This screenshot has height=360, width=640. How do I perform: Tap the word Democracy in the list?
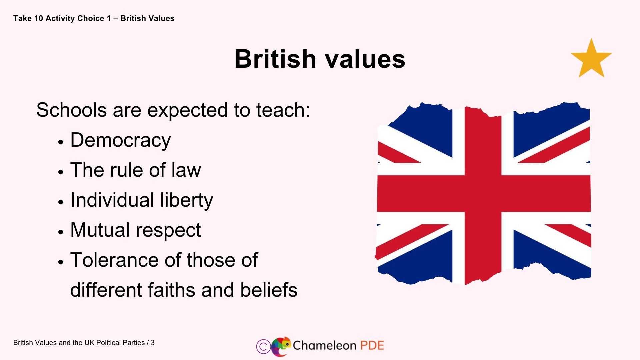click(x=120, y=140)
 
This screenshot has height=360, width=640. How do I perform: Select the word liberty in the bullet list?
click(x=186, y=200)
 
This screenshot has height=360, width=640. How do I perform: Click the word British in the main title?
click(x=275, y=59)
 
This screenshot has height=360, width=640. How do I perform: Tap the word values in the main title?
click(x=365, y=59)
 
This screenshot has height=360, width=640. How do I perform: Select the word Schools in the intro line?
click(x=71, y=110)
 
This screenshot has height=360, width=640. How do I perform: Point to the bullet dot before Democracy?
click(x=60, y=142)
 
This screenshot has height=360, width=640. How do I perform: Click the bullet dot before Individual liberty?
click(x=60, y=202)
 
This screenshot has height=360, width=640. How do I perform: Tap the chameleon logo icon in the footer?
click(x=280, y=346)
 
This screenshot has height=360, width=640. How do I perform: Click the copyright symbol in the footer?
click(x=263, y=346)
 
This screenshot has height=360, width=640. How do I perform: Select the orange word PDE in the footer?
click(x=372, y=345)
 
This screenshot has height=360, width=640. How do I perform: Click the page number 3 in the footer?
click(x=153, y=343)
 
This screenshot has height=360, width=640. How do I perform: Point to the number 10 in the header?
click(x=39, y=18)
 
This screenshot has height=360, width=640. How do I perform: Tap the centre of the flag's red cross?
click(x=483, y=193)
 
